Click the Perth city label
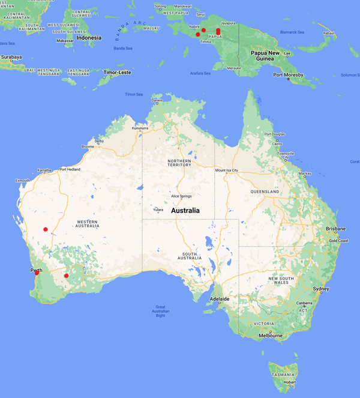[36, 270]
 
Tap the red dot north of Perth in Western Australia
[46, 229]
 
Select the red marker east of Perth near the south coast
[66, 276]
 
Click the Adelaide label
[219, 298]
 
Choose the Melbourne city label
[271, 336]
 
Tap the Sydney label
[321, 289]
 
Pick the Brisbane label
[336, 229]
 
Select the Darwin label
[157, 100]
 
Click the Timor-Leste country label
[117, 72]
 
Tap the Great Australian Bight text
[160, 311]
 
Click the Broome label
[88, 146]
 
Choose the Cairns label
[277, 144]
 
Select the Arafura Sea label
[200, 73]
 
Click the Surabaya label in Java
[11, 58]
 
